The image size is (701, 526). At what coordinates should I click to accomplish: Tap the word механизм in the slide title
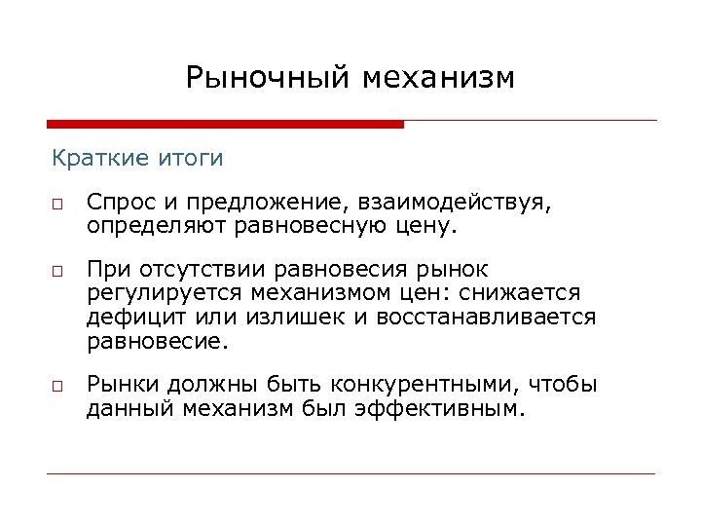(x=437, y=77)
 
